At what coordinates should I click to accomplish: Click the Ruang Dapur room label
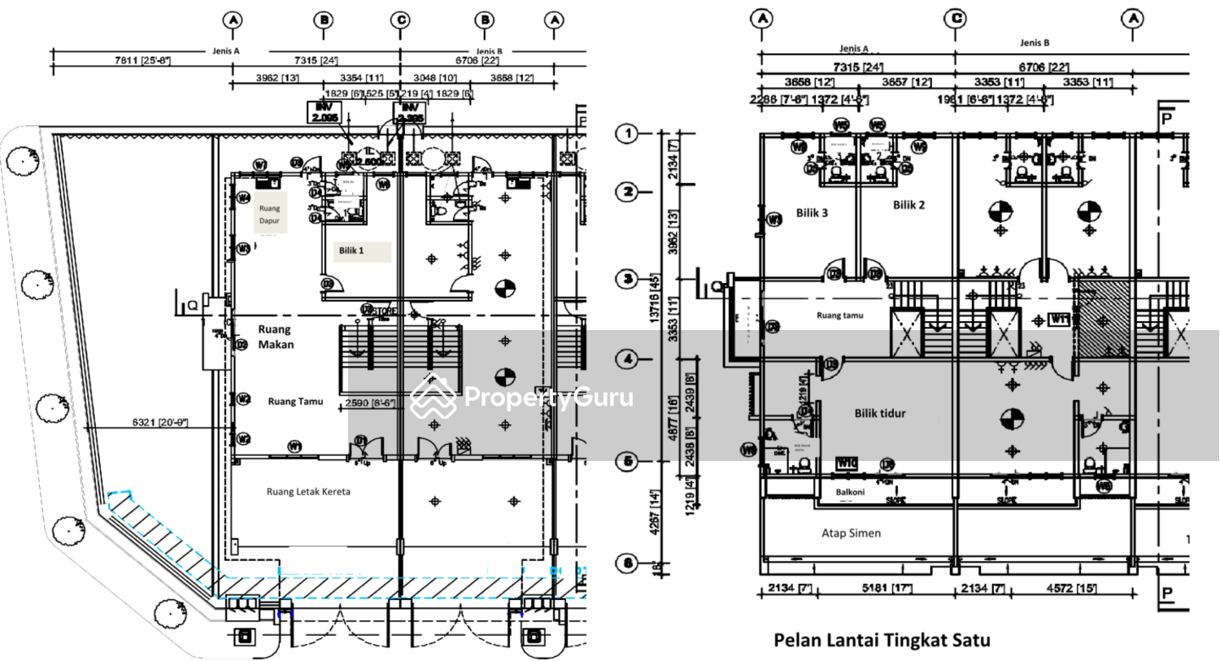(x=269, y=214)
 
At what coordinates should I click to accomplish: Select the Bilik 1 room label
(x=351, y=250)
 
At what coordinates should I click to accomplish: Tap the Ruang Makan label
(x=276, y=337)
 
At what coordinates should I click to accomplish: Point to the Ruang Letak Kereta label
(x=308, y=492)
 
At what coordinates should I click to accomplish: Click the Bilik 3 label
(x=812, y=213)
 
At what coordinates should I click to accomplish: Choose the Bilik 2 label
(x=908, y=205)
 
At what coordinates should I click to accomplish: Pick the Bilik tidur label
(x=879, y=413)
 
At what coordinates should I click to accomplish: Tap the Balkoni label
(x=850, y=492)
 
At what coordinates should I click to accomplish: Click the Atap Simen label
(x=851, y=533)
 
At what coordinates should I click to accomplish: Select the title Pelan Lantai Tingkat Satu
(x=882, y=640)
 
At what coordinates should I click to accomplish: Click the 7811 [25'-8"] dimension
(x=143, y=60)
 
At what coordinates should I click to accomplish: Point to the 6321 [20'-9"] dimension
(x=160, y=422)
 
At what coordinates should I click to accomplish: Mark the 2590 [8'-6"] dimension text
(x=369, y=402)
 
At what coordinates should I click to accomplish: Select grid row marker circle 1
(x=627, y=133)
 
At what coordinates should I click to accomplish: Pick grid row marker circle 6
(x=627, y=563)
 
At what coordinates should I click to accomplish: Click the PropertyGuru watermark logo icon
(x=433, y=398)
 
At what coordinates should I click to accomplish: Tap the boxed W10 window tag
(x=847, y=463)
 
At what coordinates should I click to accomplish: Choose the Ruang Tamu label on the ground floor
(x=295, y=402)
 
